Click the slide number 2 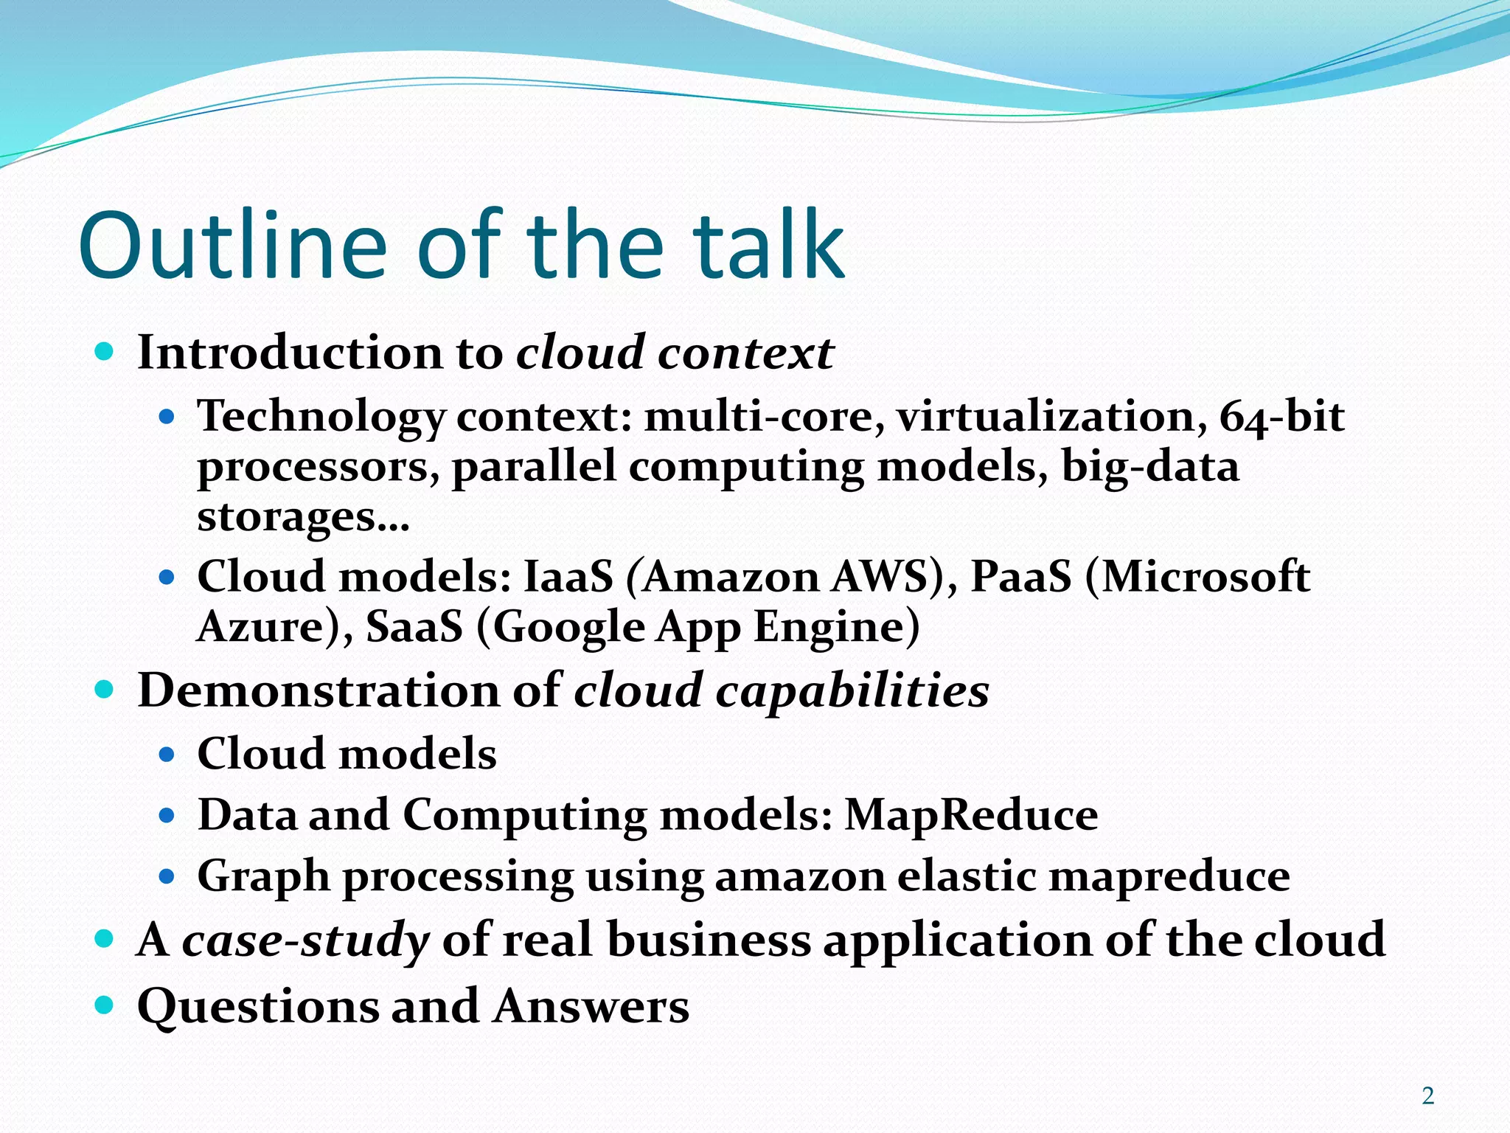coord(1428,1096)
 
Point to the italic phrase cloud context coord(675,353)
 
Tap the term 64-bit coord(1281,416)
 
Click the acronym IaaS coord(568,577)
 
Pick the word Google coord(568,627)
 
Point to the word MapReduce coord(971,815)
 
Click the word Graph coord(263,878)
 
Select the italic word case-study coord(305,940)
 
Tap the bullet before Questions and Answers coord(105,1005)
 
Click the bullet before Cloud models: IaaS coord(167,576)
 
